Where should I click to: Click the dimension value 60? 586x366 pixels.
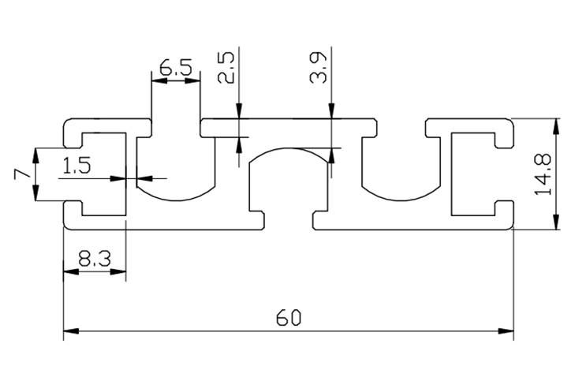click(289, 318)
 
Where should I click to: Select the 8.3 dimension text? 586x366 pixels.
click(94, 258)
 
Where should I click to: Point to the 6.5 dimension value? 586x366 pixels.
click(175, 68)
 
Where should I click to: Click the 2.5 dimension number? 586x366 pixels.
click(226, 69)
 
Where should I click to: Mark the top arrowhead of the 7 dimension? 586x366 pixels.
click(35, 155)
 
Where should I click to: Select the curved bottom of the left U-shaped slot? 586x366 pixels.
click(175, 196)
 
